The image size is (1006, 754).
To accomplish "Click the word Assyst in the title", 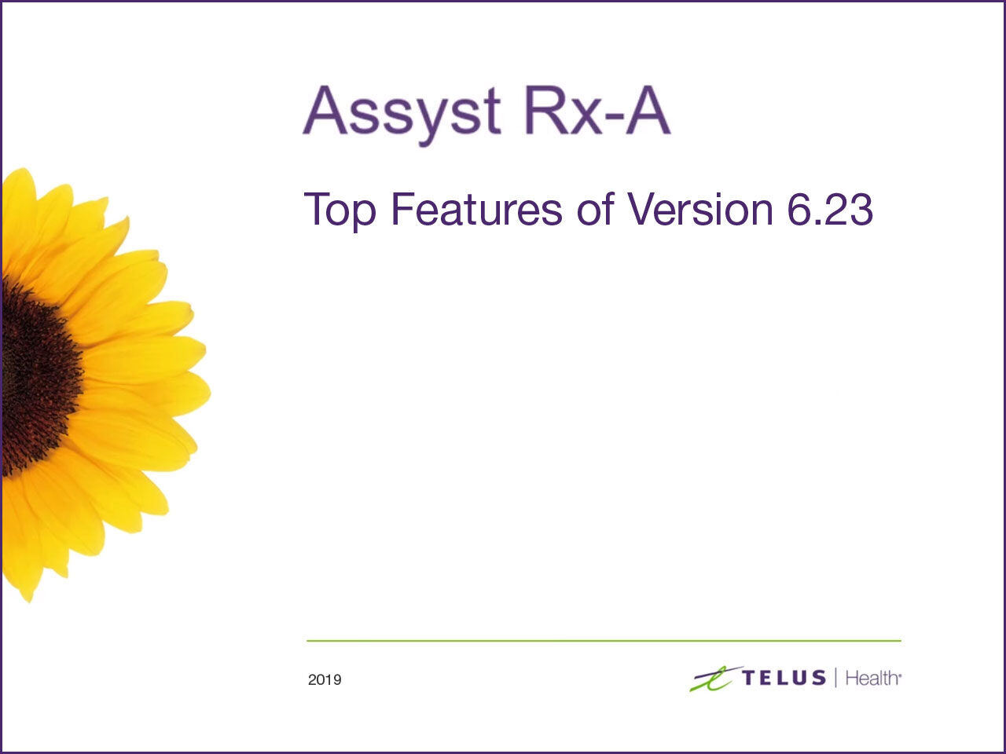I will click(402, 112).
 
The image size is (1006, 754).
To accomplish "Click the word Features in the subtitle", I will click(476, 208).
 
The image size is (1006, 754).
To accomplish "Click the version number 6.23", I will click(829, 209).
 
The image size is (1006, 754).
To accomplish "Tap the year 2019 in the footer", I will click(325, 680).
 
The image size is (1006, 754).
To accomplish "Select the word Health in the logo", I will click(872, 678).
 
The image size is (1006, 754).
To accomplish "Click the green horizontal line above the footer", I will click(604, 641).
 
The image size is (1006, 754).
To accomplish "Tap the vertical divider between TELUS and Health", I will click(835, 677).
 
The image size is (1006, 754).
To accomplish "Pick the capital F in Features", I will click(401, 208).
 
